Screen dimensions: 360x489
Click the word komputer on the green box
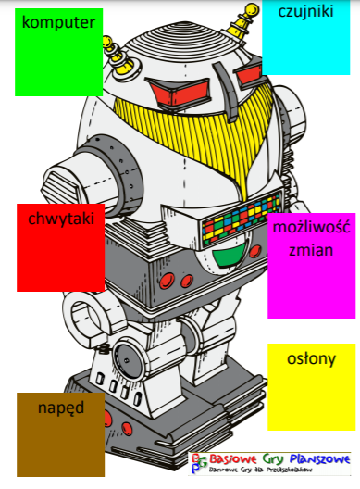[58, 21]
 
